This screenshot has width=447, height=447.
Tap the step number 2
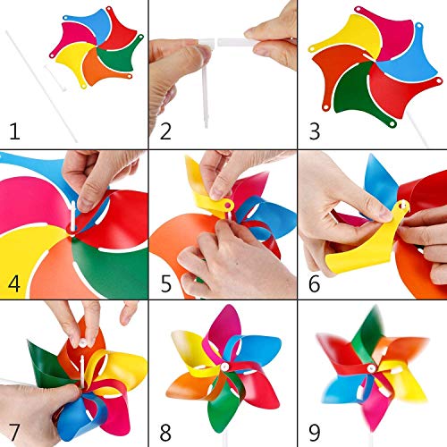[164, 132]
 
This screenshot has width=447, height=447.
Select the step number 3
[314, 132]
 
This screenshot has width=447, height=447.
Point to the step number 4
[14, 284]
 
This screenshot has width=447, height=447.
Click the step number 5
[164, 284]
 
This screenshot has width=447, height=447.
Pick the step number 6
[314, 284]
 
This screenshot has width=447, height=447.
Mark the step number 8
[164, 433]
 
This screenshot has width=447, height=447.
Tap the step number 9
[314, 433]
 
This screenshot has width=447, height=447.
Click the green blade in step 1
[116, 58]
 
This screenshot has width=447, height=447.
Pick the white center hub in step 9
[369, 367]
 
